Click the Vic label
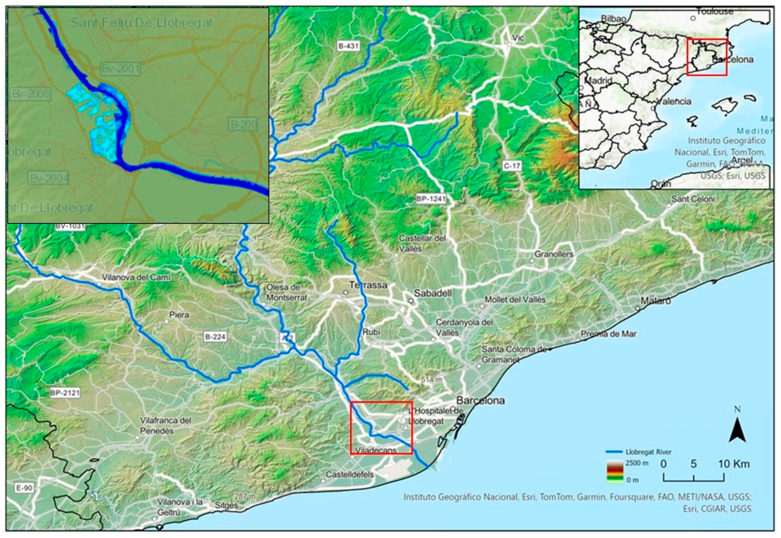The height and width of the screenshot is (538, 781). (x=518, y=38)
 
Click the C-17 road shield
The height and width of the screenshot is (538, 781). (x=512, y=166)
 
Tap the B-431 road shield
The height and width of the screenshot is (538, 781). (x=349, y=46)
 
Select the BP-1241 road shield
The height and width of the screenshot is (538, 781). (x=431, y=199)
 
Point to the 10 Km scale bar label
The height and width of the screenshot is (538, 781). (x=733, y=464)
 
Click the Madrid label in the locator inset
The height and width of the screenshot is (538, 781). (x=598, y=81)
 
